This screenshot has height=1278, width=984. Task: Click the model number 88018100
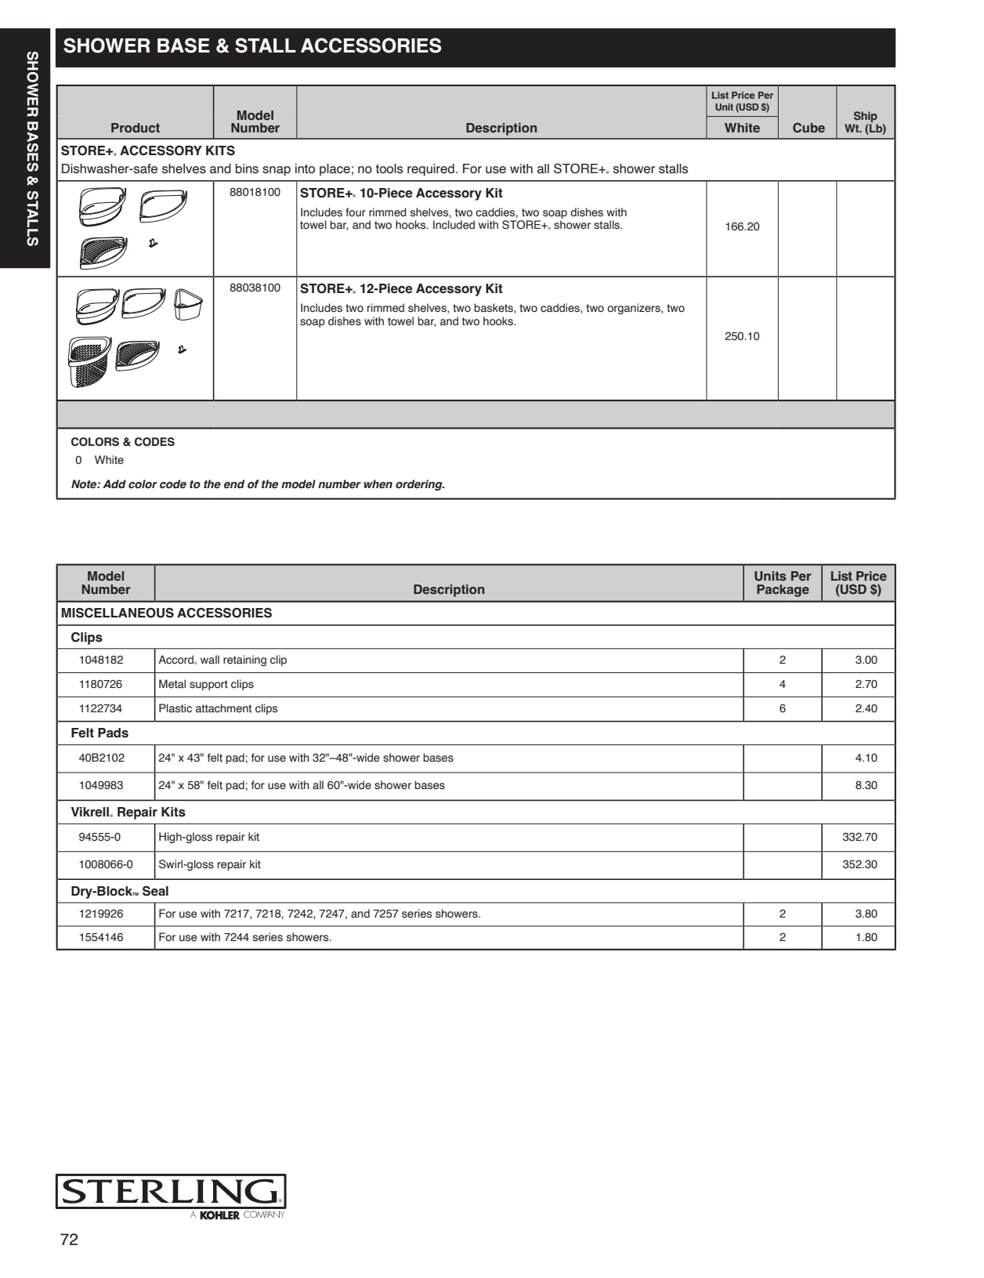pos(255,193)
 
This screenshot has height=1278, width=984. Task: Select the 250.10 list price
pos(742,336)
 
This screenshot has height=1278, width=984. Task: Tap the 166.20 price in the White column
pos(742,226)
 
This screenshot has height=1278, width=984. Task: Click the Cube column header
pos(808,128)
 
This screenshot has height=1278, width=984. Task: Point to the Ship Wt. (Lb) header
pos(865,122)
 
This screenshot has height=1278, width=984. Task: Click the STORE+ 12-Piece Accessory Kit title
pos(401,289)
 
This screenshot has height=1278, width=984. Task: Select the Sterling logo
pos(171,1193)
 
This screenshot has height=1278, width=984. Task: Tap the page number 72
pos(69,1239)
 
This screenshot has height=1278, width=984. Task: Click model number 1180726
pos(101,684)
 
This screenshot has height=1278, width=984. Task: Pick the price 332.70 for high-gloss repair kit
pos(859,837)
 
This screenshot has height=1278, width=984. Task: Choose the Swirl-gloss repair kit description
pos(210,864)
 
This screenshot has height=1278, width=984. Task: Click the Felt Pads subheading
pos(99,733)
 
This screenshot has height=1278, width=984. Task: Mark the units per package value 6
pos(782,708)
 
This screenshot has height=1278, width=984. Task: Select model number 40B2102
pos(102,758)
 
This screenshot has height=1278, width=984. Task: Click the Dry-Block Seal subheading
pos(120,892)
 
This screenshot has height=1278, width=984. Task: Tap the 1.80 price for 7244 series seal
pos(866,937)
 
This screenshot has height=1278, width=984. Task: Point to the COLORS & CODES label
pos(123,442)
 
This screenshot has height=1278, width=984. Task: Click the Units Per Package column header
pos(782,583)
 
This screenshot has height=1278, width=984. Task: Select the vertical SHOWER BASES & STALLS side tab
pos(31,149)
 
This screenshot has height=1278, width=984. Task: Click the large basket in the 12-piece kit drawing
pos(89,361)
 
